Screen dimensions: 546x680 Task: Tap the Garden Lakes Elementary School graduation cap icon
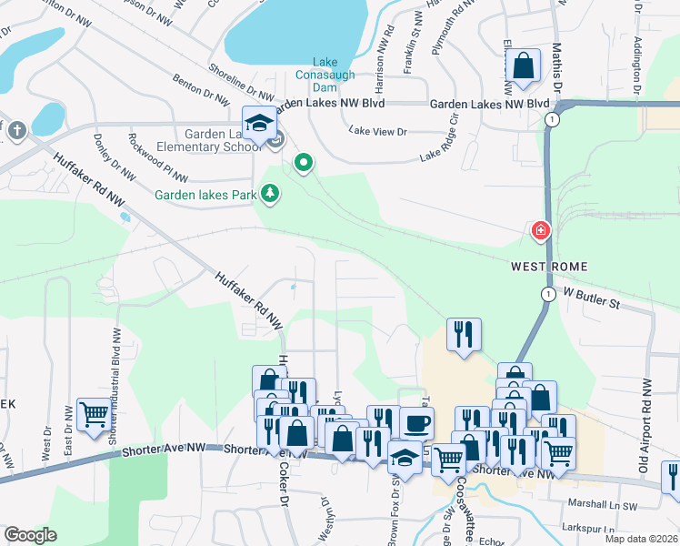pos(259,124)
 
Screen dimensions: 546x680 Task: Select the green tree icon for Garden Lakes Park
pos(269,193)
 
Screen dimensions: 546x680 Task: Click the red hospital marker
pos(541,232)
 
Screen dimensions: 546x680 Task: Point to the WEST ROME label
pos(548,267)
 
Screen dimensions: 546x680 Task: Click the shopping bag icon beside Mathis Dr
pos(524,66)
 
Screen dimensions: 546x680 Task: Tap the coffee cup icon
pos(416,423)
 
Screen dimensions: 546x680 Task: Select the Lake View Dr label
pos(377,132)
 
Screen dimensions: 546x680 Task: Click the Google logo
pos(30,535)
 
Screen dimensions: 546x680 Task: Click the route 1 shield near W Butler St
pos(548,293)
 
